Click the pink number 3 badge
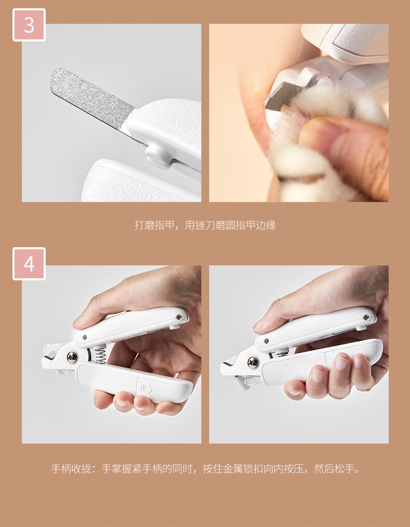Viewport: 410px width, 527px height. point(29,25)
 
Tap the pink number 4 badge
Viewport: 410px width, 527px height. point(29,264)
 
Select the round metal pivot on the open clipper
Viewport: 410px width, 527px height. point(72,357)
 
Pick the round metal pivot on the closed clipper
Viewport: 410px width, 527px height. point(253,363)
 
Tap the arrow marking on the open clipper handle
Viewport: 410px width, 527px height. point(146,390)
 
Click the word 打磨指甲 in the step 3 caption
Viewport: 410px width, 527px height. point(155,225)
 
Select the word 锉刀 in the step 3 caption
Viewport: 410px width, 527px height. point(205,225)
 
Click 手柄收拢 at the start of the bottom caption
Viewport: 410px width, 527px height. point(71,468)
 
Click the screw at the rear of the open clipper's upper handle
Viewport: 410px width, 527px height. point(180,317)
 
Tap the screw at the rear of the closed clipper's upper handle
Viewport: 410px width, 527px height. point(367,317)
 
